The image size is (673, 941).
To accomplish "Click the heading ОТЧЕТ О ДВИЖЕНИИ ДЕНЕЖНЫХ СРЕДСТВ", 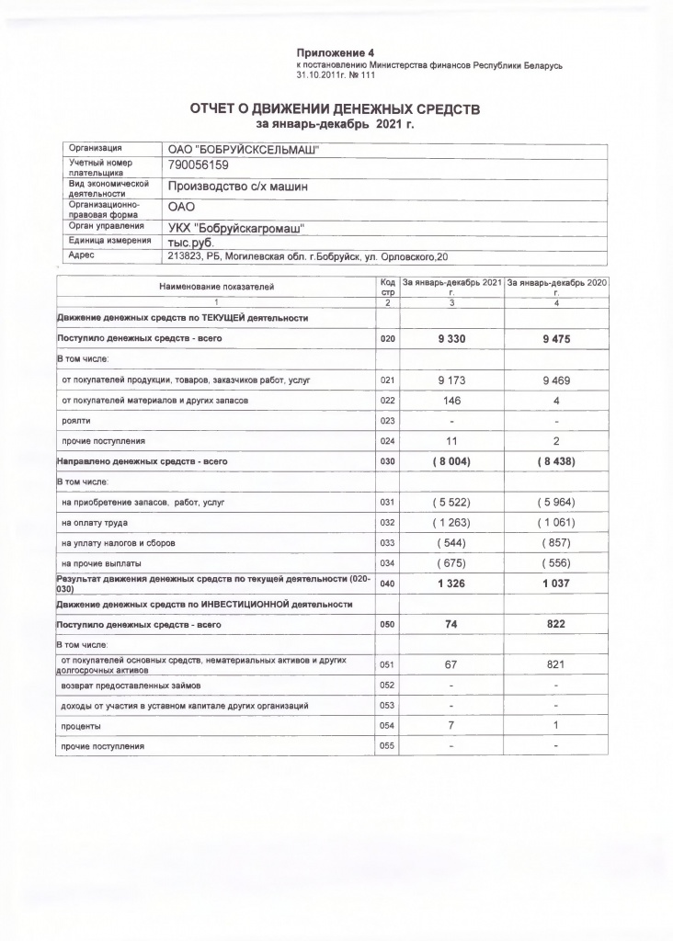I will pos(335,109).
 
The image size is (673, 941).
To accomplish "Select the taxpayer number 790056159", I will pos(198,165).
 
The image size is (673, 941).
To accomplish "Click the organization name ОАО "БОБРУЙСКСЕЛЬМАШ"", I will pos(241,150).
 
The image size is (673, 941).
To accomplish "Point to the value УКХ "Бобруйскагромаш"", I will pos(236,226).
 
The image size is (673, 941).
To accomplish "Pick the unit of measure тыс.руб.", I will pos(190,242).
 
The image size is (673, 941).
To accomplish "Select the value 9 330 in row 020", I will pos(451,339).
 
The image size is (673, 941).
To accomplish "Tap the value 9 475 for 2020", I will pos(556,339).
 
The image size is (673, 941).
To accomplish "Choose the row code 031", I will pos(387,504).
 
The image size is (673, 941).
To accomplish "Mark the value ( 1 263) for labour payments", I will pos(451,523).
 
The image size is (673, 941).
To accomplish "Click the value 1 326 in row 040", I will pos(451,584).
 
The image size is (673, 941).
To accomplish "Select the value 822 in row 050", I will pos(556,624).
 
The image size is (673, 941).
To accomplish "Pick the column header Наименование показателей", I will pos(217,287).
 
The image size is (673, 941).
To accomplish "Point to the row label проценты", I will pos(80,726).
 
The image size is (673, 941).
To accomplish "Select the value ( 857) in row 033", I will pos(556,543).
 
